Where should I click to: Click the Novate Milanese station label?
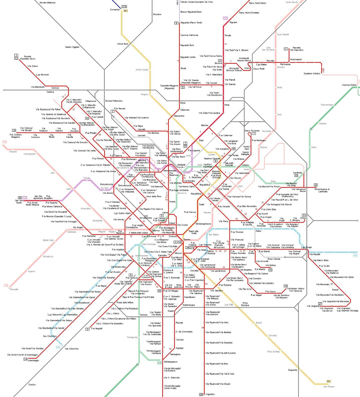pos(48,3)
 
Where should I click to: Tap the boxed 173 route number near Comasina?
pos(124,7)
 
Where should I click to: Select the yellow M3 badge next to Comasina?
pos(126,11)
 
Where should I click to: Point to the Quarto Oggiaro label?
pos(72,47)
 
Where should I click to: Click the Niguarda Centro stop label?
pos(188,57)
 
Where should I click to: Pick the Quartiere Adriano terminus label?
pos(312,74)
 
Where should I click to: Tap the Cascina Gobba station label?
pos(349,85)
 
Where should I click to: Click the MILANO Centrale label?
pos(229,164)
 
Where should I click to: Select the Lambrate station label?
pos(298,173)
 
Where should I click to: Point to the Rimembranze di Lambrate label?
pos(322,190)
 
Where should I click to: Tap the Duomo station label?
pos(187,239)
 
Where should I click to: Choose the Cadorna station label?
pos(156,230)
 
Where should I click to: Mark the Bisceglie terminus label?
pos(14,289)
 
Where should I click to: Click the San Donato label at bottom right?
pos(329,386)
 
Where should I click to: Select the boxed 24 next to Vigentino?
pos(201,394)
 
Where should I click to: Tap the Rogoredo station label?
pos(292,370)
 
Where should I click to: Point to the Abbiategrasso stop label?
pos(171,362)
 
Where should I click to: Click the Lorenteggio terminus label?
pos(34,360)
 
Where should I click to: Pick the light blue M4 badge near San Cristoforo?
pos(58,347)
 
